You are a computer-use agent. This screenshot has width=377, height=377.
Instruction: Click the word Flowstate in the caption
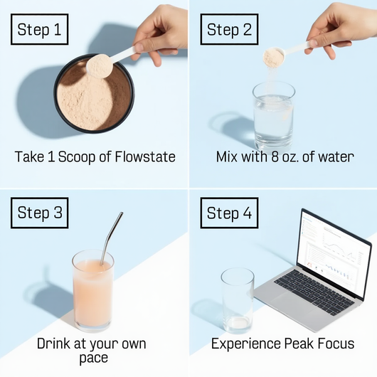click(x=145, y=156)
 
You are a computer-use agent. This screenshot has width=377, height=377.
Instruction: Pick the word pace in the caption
click(x=93, y=359)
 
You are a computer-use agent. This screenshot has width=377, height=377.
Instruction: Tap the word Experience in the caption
click(x=246, y=344)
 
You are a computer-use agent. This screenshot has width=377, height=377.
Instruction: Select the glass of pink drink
click(x=93, y=291)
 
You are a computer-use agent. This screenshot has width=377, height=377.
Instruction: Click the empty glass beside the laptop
click(x=238, y=301)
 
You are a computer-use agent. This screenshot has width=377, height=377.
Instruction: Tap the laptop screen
click(x=335, y=253)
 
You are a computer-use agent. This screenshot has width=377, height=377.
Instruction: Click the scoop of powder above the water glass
click(x=274, y=58)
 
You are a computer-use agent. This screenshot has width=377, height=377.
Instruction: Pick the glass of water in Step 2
click(x=274, y=117)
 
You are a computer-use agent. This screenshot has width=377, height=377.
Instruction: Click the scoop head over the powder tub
click(x=100, y=66)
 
